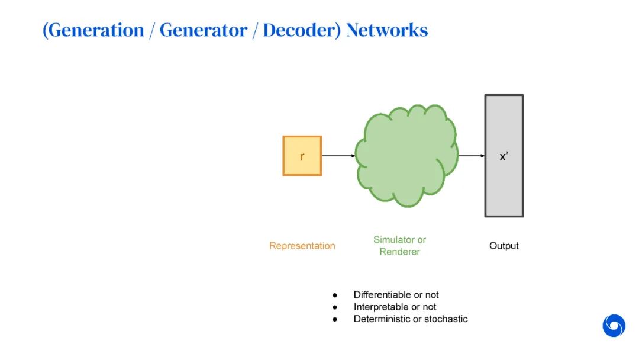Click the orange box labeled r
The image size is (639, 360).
point(302,156)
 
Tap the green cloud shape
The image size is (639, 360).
point(406,156)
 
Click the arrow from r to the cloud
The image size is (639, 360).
point(338,156)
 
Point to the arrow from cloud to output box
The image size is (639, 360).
point(472,156)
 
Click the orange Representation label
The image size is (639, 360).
point(302,246)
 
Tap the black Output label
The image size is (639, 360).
point(504,246)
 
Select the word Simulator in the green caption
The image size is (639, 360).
point(393,240)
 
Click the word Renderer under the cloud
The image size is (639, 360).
point(400,252)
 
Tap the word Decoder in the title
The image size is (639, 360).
point(301,30)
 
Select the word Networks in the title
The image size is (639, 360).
point(387,30)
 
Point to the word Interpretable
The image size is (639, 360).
point(382,307)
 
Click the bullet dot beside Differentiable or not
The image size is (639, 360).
point(335,295)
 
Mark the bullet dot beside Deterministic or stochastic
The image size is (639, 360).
point(335,319)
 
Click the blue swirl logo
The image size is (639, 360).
point(614,326)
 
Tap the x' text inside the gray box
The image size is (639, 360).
point(504,157)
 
